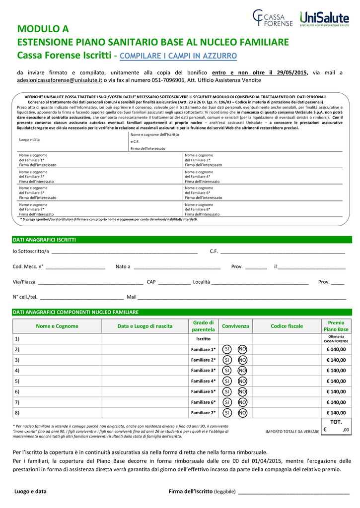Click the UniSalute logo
[x=324, y=18]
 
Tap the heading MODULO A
[x=43, y=29]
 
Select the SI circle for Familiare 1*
[x=227, y=349]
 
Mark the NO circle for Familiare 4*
[x=242, y=381]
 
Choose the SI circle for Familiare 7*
[x=227, y=413]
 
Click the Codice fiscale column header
[x=287, y=326]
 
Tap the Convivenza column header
[x=235, y=326]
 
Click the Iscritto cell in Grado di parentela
[x=203, y=339]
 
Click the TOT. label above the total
[x=336, y=422]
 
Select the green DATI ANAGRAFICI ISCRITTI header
[x=44, y=240]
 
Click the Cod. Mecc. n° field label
[x=28, y=267]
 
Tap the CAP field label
[x=151, y=282]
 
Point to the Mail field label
[x=132, y=297]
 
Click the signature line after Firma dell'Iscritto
[x=294, y=492]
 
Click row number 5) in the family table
[x=17, y=381]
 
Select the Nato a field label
[x=123, y=267]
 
